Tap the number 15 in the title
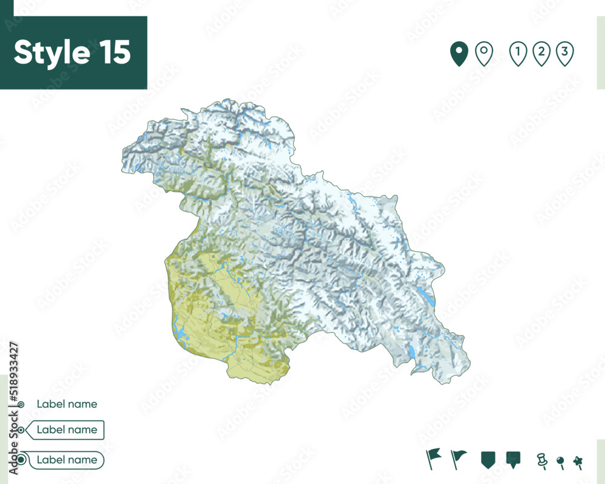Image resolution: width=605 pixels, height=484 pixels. point(113,53)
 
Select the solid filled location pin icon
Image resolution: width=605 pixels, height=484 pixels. point(459,54)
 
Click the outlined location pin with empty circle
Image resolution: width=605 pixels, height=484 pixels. point(483,54)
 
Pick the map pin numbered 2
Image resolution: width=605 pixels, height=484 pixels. point(541,54)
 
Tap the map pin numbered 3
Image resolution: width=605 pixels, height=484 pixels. point(564,54)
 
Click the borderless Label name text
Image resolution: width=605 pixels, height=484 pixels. point(67,404)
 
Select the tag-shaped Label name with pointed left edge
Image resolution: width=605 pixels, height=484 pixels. point(66,430)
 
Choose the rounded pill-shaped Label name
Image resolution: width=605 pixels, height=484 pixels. point(66,460)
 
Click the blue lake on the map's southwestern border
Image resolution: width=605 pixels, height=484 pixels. point(180,332)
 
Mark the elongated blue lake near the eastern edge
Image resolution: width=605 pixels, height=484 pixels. point(426,296)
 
